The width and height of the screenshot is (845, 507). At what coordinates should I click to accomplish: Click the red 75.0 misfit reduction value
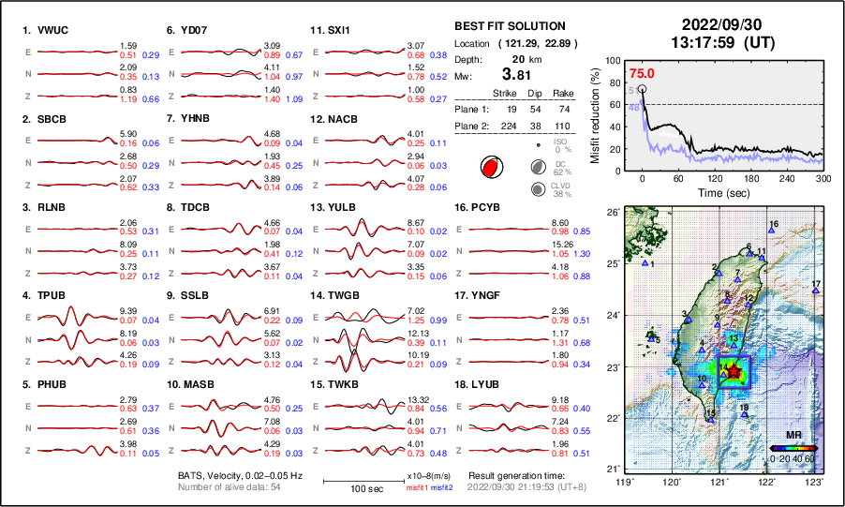[x=642, y=73]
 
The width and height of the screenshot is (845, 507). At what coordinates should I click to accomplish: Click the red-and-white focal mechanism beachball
[x=490, y=168]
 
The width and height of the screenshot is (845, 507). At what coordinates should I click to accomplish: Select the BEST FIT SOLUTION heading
[x=509, y=25]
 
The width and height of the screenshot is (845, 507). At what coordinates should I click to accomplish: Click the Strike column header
[x=505, y=93]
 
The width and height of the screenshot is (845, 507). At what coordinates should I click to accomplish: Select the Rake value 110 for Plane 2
[x=563, y=125]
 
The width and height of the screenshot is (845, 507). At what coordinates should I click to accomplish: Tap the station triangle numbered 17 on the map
[x=816, y=291]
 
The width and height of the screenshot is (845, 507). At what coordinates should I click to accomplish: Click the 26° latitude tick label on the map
[x=612, y=213]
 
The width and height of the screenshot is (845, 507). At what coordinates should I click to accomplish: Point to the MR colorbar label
[x=793, y=436]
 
